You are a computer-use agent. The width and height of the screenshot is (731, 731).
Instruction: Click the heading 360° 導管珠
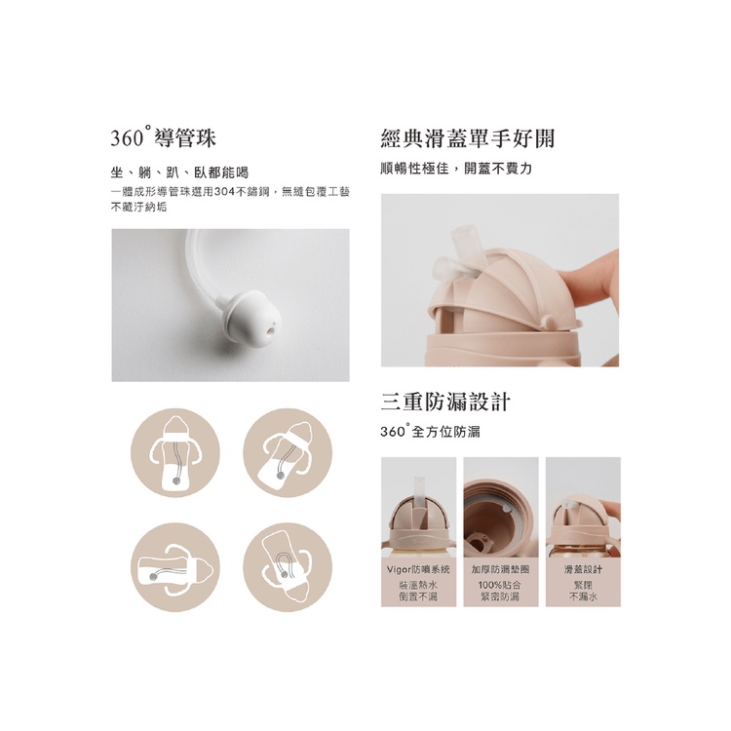(x=163, y=138)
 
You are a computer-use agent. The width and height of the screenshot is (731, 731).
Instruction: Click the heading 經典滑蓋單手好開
(x=468, y=138)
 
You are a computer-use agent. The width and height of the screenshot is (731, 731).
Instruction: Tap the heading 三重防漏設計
(x=445, y=403)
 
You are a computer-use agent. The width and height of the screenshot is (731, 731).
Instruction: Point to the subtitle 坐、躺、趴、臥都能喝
(x=180, y=173)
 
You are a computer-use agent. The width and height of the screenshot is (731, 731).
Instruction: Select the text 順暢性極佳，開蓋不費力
(x=456, y=169)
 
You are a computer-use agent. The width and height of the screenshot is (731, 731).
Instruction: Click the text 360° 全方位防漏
(x=430, y=431)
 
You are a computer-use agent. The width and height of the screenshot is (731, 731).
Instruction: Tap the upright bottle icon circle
(x=175, y=453)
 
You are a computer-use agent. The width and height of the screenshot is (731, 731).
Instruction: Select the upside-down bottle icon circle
(x=288, y=567)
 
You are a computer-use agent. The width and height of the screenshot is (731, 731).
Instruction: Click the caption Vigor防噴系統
(x=419, y=569)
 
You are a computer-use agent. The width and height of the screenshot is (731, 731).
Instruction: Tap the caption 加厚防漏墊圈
(x=501, y=569)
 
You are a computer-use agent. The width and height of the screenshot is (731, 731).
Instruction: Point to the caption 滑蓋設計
(x=583, y=569)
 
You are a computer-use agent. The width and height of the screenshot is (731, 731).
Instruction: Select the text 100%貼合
(x=500, y=585)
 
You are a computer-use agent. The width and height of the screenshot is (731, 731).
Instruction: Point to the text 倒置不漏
(x=418, y=596)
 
